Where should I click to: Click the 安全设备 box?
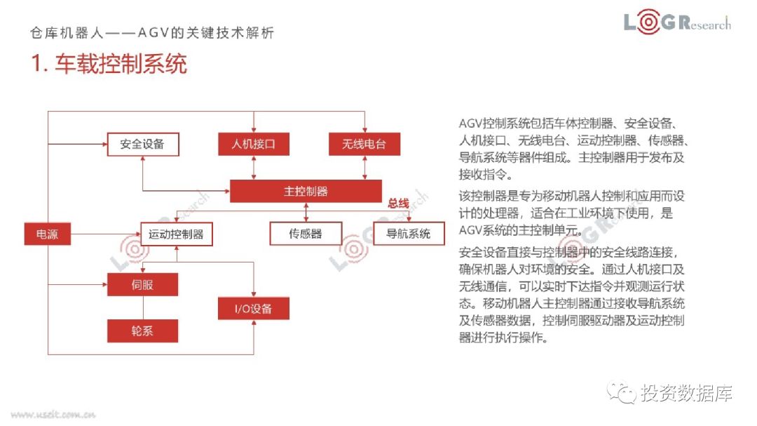coord(142,145)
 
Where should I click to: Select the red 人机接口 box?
coord(253,145)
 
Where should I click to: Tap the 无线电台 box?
coord(364,145)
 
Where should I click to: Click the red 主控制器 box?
coord(306,191)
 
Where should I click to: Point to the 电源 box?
coord(47,234)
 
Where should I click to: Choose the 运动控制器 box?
coord(176,234)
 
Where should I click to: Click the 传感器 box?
coord(306,234)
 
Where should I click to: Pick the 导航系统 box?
coord(409,234)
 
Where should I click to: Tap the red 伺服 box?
coord(142,285)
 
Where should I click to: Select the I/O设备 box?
coord(253,309)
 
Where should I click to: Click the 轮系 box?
coord(142,331)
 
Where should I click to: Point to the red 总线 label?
coord(398,203)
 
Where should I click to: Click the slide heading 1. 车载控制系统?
coord(109,65)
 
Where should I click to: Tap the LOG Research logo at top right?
coord(677,23)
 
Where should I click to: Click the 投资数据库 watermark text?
coord(686,394)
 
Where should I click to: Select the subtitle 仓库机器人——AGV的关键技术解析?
coord(153,33)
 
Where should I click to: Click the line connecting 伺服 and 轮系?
coord(142,307)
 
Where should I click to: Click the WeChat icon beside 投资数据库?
coord(621,394)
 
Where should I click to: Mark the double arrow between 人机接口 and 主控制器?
coord(253,168)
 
